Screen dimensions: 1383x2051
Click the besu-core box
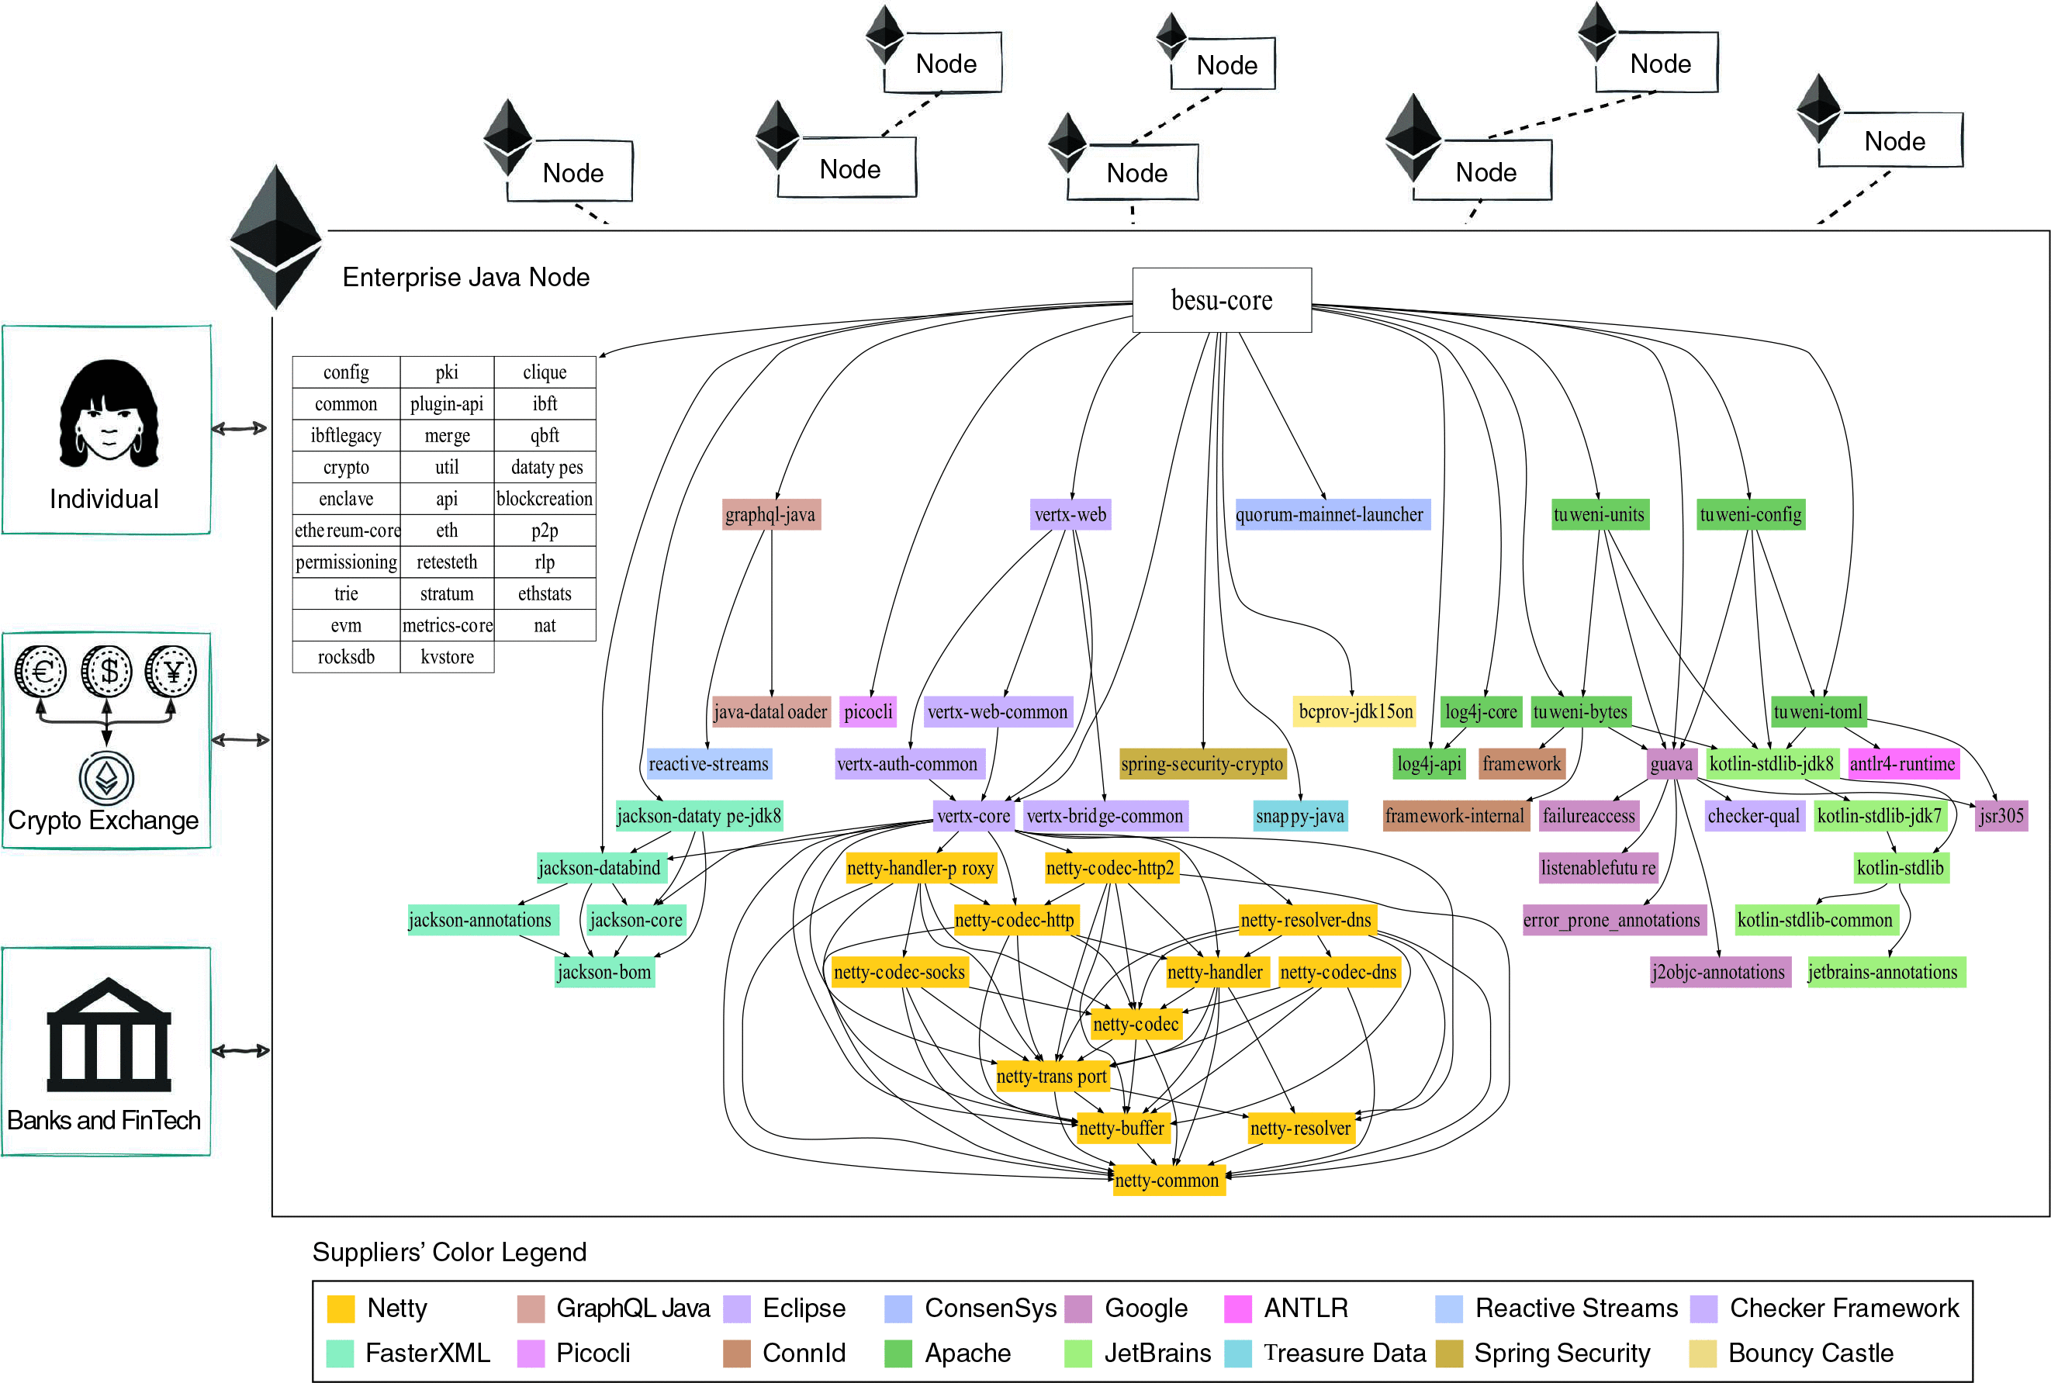[1221, 300]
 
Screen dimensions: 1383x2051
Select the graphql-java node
[770, 514]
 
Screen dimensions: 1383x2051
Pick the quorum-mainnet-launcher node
[1330, 514]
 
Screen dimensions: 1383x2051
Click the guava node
[1670, 764]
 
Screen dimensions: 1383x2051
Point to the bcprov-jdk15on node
[1355, 712]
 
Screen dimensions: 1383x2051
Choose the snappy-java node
[1299, 816]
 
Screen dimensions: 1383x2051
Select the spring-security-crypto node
[1202, 764]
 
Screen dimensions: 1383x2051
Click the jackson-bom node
[604, 972]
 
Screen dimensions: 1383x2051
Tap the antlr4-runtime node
[1902, 764]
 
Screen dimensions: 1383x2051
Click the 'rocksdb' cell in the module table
[346, 657]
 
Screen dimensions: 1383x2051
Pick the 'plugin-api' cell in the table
[446, 404]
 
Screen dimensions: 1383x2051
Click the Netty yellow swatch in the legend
[341, 1308]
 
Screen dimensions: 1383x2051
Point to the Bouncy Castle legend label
[1811, 1353]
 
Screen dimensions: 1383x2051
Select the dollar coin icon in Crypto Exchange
[107, 671]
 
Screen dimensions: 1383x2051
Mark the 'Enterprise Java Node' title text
[465, 277]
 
